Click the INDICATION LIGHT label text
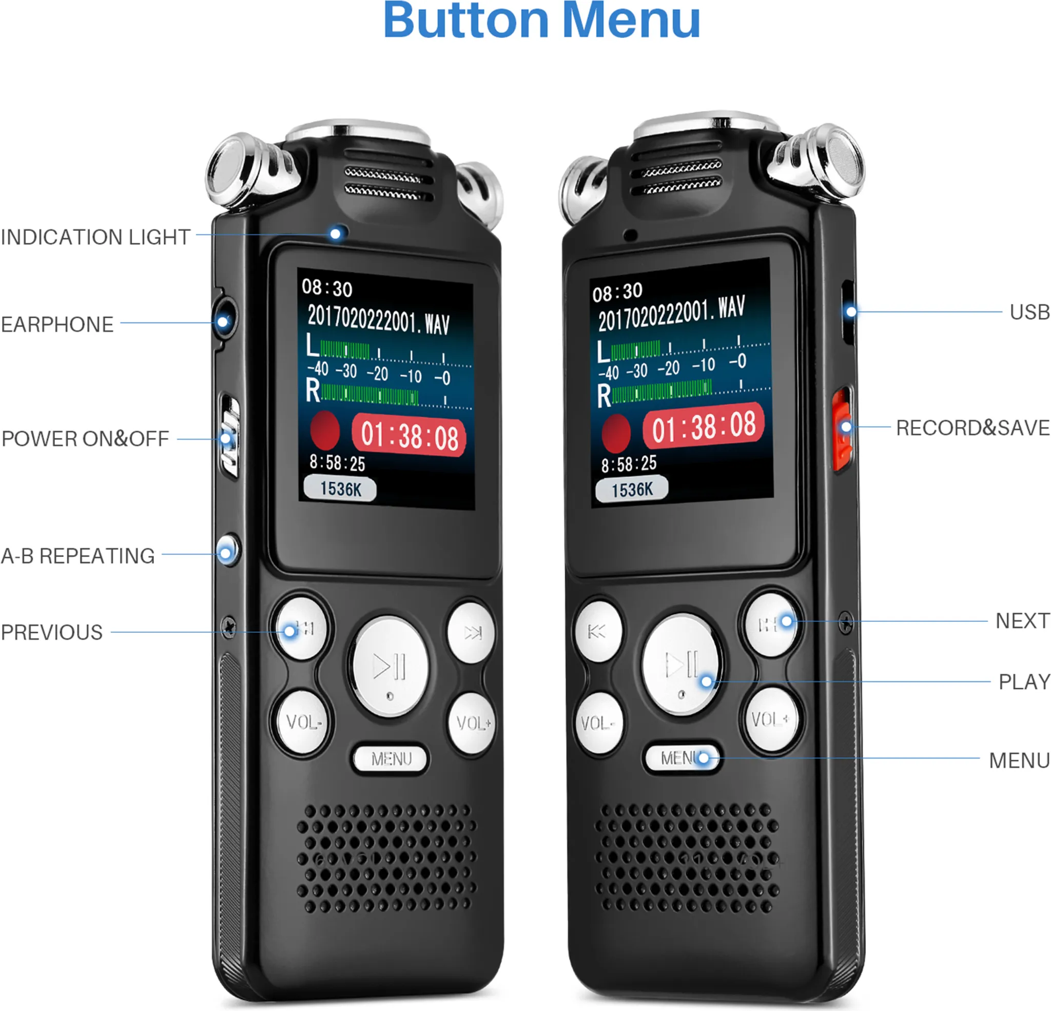(x=95, y=237)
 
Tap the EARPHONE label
(x=57, y=324)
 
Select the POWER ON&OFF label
(x=85, y=439)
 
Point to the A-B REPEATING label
(x=78, y=556)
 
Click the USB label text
(x=1029, y=312)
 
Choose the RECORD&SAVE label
(x=972, y=428)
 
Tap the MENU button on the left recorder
(x=391, y=759)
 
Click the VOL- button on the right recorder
(x=598, y=723)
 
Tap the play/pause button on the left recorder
(x=390, y=667)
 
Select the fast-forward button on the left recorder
(x=471, y=633)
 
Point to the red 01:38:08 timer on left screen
(x=409, y=435)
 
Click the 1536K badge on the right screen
(x=632, y=489)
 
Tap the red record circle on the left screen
(x=324, y=430)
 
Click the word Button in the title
(x=466, y=22)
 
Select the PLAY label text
(x=1024, y=682)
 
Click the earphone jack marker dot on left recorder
(x=223, y=322)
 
